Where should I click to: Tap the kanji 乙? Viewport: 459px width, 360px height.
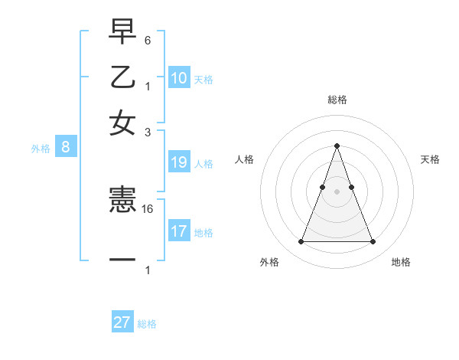point(122,77)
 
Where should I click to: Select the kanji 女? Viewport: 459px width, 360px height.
point(122,123)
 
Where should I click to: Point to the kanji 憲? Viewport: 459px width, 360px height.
point(122,201)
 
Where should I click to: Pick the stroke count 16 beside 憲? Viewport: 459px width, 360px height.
point(148,208)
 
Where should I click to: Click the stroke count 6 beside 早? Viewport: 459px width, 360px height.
point(148,40)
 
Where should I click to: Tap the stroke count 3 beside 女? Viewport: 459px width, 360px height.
point(148,132)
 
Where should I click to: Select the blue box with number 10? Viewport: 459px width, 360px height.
point(179,78)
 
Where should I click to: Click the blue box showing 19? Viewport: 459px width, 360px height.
point(179,162)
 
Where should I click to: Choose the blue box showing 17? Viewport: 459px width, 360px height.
point(179,231)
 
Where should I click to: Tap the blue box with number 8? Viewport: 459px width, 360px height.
point(66,148)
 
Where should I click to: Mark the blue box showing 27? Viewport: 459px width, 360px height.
point(122,322)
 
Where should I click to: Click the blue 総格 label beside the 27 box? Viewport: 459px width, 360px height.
point(147,324)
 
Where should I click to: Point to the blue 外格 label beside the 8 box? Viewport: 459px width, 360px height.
point(41,149)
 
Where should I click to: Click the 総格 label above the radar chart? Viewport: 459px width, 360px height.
point(337,100)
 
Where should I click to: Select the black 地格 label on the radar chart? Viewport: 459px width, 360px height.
point(401,263)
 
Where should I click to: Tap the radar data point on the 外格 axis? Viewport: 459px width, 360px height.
point(301,242)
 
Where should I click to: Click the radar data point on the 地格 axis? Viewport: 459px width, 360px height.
point(373,242)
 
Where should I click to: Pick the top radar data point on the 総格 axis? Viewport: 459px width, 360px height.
point(337,146)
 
